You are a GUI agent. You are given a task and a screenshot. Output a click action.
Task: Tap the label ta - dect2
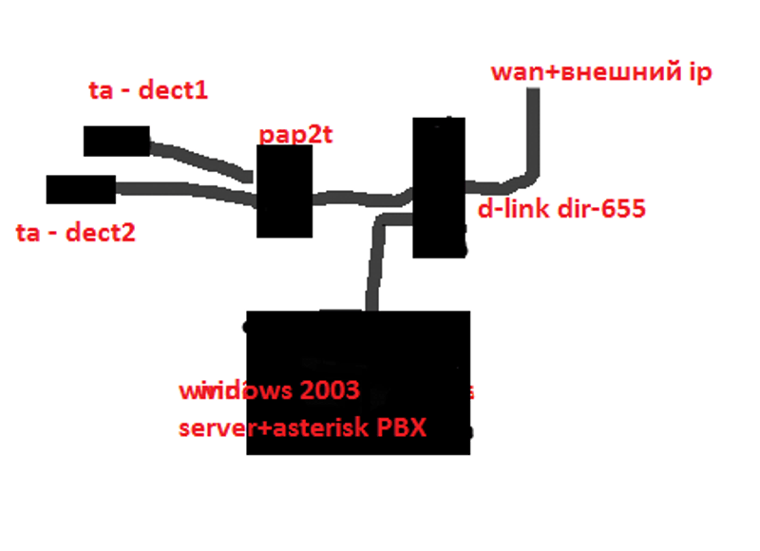coord(76,232)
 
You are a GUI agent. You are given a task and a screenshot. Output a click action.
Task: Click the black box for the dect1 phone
coord(116,141)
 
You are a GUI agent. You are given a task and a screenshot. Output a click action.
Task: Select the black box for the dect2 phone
coord(81,189)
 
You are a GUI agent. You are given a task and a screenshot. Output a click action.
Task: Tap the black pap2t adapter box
coord(285,191)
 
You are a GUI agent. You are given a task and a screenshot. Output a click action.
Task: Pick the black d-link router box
coord(439,187)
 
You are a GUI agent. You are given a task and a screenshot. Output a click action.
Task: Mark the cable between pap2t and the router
coord(361,198)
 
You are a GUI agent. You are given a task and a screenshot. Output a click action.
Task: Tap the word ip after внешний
coord(699,73)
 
